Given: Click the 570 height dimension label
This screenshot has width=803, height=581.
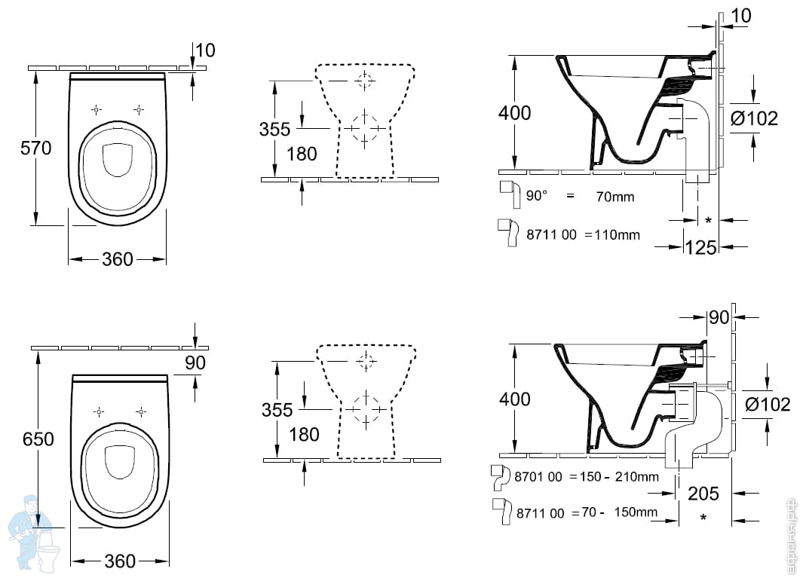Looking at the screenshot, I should coord(36,148).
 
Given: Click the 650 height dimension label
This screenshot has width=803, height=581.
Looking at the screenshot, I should coord(38,439).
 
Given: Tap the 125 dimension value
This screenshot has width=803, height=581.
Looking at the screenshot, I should coord(700,246).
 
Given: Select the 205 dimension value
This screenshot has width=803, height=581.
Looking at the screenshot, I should coord(703,494).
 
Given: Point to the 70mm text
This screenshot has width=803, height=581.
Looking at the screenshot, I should coord(615,197).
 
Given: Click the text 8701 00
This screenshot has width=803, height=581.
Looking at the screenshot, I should coord(540,476).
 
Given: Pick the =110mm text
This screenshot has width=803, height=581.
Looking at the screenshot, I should coord(611,234).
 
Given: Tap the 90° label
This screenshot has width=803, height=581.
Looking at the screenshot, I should coord(537,196).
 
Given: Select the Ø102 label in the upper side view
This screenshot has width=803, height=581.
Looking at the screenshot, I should coord(754,118).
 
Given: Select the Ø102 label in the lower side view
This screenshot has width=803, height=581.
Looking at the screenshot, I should coord(767,404).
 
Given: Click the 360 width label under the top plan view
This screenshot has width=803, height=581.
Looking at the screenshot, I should coord(117,259).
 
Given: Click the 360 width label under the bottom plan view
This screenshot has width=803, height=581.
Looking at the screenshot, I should coord(120,561).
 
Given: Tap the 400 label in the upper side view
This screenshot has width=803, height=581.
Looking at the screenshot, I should coord(514,113).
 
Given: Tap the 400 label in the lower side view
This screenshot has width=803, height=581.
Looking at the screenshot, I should coord(515,399).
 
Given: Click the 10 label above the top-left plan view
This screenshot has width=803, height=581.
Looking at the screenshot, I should coord(205,50).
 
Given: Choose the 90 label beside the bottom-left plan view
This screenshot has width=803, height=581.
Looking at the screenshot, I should coord(195,362).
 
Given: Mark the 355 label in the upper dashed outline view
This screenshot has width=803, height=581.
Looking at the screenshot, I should coord(274,129).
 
